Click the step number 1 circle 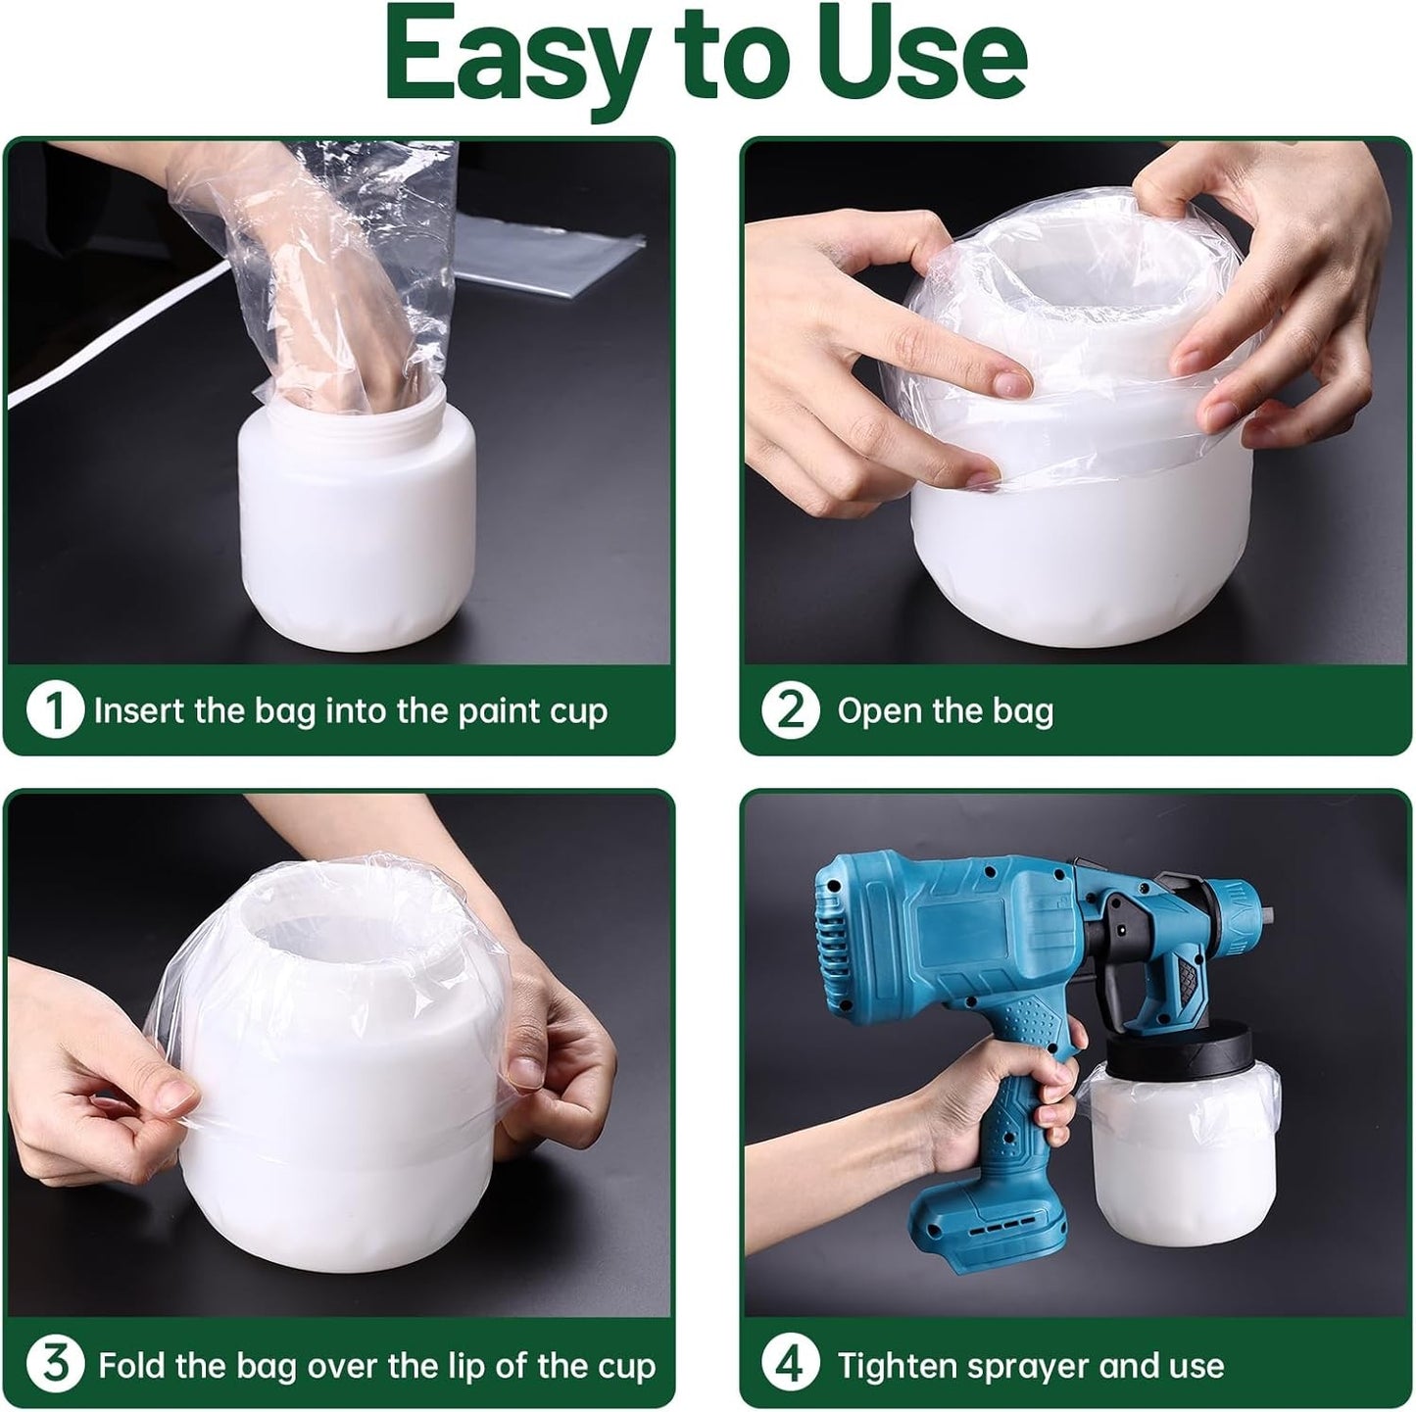[x=54, y=710]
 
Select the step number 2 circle [x=790, y=710]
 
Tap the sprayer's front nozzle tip [x=1265, y=916]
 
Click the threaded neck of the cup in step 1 [x=358, y=412]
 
